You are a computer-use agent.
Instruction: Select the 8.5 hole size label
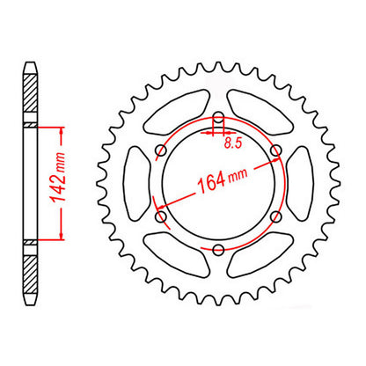233,139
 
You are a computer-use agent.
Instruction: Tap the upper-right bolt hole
275,151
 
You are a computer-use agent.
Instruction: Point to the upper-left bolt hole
161,151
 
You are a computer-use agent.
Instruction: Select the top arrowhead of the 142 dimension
62,129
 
